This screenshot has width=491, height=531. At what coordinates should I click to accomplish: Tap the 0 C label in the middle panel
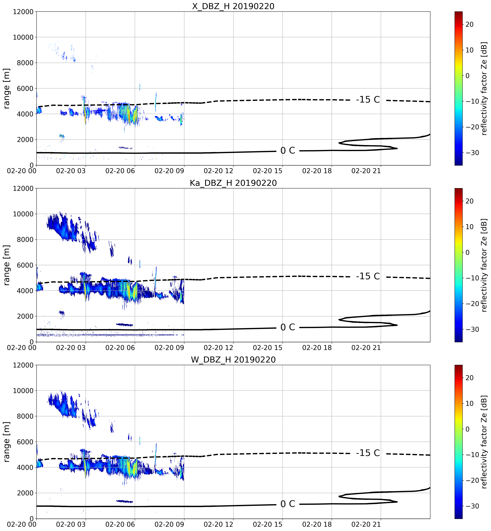pyautogui.click(x=288, y=327)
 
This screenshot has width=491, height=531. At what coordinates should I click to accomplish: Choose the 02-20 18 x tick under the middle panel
pyautogui.click(x=317, y=347)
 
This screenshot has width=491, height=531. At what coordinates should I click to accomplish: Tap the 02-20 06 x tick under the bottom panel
pyautogui.click(x=120, y=524)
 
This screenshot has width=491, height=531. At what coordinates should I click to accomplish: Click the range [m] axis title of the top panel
pyautogui.click(x=7, y=88)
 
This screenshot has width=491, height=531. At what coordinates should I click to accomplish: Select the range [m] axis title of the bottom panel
pyautogui.click(x=7, y=442)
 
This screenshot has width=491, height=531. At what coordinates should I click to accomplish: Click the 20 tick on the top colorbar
pyautogui.click(x=469, y=24)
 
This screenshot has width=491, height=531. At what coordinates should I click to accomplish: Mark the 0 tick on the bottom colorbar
pyautogui.click(x=468, y=429)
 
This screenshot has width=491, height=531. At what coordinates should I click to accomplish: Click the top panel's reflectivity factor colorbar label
pyautogui.click(x=484, y=88)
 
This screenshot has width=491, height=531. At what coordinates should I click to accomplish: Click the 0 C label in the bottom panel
pyautogui.click(x=288, y=504)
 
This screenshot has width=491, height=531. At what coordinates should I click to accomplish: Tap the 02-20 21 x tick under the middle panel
pyautogui.click(x=366, y=347)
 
